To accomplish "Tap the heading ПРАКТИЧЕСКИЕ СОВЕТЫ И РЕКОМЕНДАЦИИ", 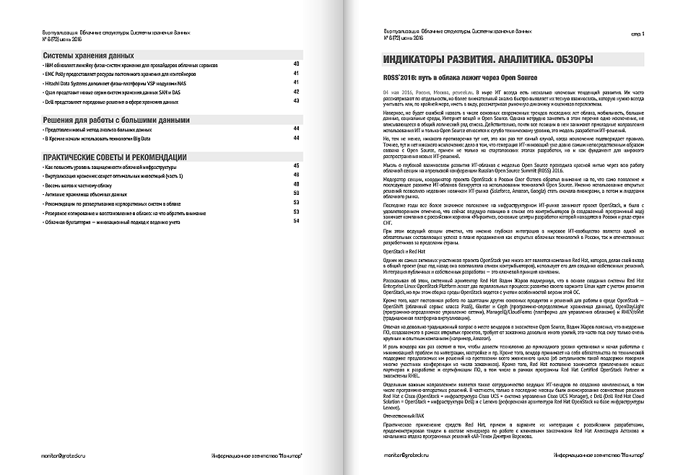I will (115, 157).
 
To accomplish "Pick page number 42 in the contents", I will (297, 92).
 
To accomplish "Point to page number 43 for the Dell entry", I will (297, 101).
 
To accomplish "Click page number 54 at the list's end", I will (297, 221).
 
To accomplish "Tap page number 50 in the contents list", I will (297, 193).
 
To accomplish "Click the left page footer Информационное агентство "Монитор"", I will (256, 457).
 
